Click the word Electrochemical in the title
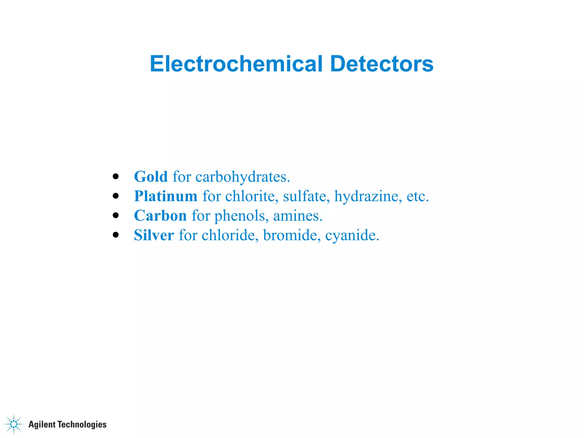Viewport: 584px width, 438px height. (236, 64)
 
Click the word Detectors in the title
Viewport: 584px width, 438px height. (382, 64)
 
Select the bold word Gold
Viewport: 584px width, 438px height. (151, 177)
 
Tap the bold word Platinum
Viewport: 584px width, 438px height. (166, 196)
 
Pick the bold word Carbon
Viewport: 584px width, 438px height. (160, 216)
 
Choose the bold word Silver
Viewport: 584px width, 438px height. (154, 235)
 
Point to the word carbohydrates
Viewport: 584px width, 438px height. (242, 177)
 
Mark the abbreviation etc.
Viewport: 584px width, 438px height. (417, 196)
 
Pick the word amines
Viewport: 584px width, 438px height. (297, 216)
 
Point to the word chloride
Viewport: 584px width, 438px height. (230, 235)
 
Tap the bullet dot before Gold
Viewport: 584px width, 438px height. (115, 176)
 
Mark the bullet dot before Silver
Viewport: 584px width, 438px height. (115, 235)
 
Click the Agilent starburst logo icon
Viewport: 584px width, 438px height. (14, 424)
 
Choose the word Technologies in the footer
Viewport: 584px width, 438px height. (82, 425)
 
